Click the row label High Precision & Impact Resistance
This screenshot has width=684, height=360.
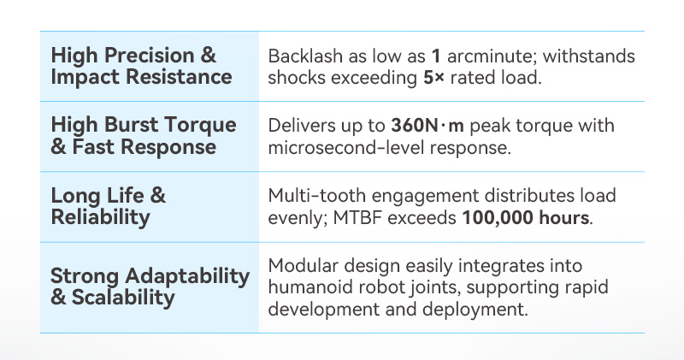(x=141, y=67)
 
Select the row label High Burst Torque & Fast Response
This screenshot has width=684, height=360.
(x=143, y=136)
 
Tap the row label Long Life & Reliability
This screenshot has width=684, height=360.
(x=109, y=206)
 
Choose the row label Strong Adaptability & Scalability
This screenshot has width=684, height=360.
(x=150, y=286)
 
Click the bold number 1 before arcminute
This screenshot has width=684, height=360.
(x=436, y=56)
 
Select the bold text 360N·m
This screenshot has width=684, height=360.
(x=427, y=126)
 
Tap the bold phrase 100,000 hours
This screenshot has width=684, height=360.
(x=526, y=217)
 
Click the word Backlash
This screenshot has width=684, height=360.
(x=304, y=56)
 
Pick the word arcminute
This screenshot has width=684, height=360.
(x=486, y=56)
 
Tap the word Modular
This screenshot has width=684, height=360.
(x=301, y=266)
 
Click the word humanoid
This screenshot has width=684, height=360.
(x=307, y=286)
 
